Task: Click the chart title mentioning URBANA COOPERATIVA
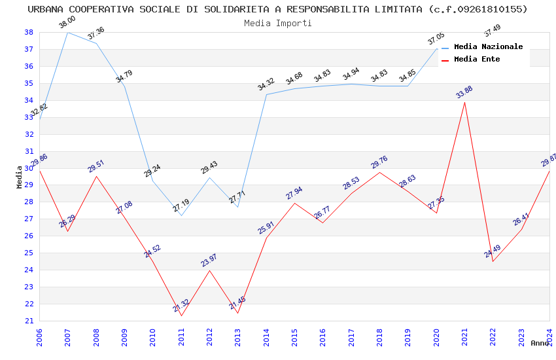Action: pyautogui.click(x=277, y=9)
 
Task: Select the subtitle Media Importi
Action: pyautogui.click(x=277, y=23)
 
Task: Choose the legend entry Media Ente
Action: pyautogui.click(x=477, y=59)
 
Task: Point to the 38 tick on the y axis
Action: pyautogui.click(x=29, y=32)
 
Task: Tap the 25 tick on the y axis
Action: pyautogui.click(x=29, y=253)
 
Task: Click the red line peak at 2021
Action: pyautogui.click(x=464, y=102)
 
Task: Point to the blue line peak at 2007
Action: pyautogui.click(x=67, y=32)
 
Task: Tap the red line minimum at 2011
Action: pyautogui.click(x=181, y=315)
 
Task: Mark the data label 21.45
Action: pyautogui.click(x=237, y=303)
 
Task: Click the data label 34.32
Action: pyautogui.click(x=266, y=84)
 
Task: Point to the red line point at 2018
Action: pyautogui.click(x=379, y=172)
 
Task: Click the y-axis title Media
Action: pyautogui.click(x=19, y=177)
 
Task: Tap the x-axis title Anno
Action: pyautogui.click(x=540, y=343)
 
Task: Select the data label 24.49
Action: pyautogui.click(x=492, y=251)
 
